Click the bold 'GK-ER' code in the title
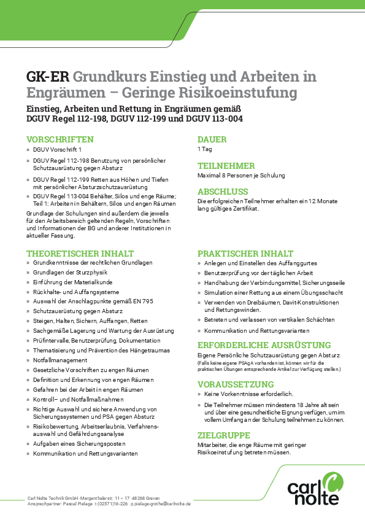[47, 77]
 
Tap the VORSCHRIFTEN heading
[60, 139]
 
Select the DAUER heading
[212, 139]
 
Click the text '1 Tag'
[204, 149]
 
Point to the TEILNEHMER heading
[226, 166]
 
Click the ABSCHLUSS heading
[223, 192]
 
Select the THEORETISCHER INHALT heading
[80, 253]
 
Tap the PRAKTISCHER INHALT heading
[245, 253]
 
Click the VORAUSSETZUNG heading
[236, 384]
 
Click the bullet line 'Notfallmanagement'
[60, 360]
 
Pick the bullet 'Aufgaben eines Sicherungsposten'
[79, 444]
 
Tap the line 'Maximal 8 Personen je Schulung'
[241, 176]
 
